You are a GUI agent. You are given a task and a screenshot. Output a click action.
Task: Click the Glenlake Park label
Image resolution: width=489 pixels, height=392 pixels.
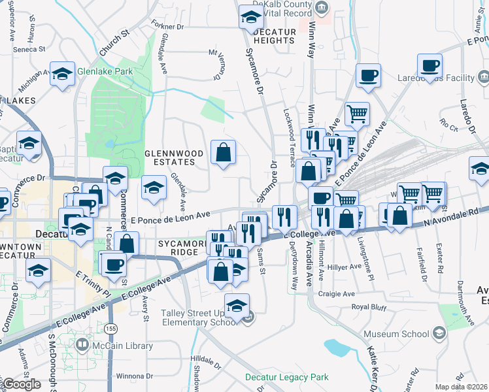[x=105, y=71]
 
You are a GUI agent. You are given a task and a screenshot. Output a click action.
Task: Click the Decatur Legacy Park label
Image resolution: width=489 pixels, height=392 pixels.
[x=286, y=377]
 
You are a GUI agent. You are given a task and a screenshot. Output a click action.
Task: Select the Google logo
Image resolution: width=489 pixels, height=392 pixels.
[x=22, y=384]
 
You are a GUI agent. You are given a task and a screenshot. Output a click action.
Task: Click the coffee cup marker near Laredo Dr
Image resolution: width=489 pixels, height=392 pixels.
[x=430, y=66]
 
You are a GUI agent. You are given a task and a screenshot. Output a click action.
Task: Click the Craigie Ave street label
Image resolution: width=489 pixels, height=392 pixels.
[x=335, y=293]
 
